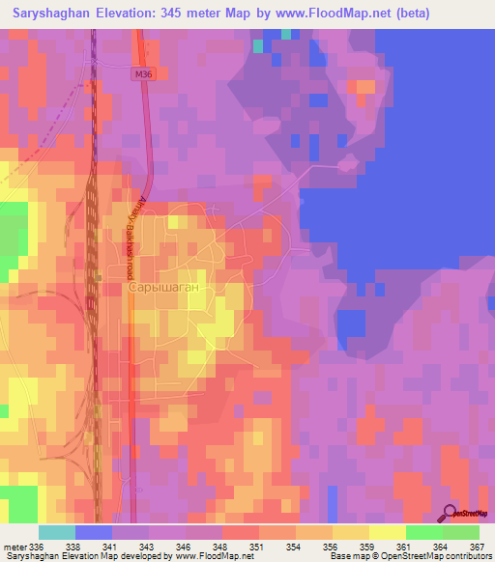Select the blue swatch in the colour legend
point(93,532)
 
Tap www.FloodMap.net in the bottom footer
point(202,556)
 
